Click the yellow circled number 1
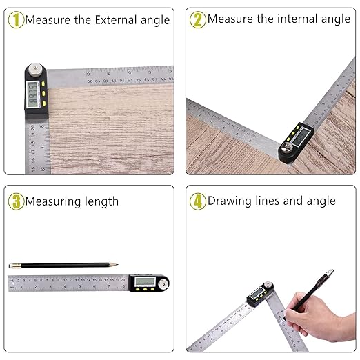pos(16,19)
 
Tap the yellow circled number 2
pos(197,19)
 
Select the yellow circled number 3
pos(16,201)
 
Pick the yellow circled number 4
pos(197,201)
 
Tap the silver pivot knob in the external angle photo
pos(34,71)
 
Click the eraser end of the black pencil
pos(11,266)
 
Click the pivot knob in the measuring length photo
pos(163,282)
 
